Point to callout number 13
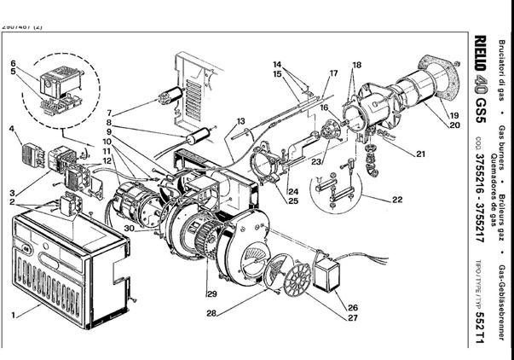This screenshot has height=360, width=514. click(241, 121)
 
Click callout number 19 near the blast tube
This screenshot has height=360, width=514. click(453, 114)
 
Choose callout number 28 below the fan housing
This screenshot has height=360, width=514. click(211, 313)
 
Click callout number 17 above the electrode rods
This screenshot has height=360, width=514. click(333, 73)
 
